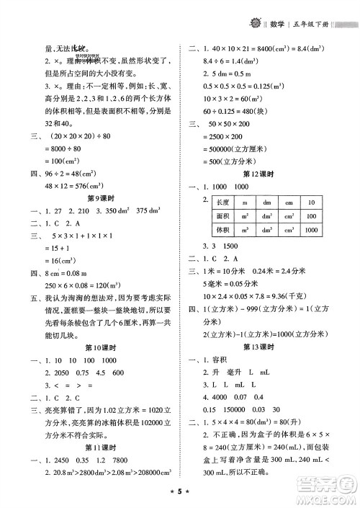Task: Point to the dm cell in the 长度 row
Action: coord(267,202)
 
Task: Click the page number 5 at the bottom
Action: coord(180,497)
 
